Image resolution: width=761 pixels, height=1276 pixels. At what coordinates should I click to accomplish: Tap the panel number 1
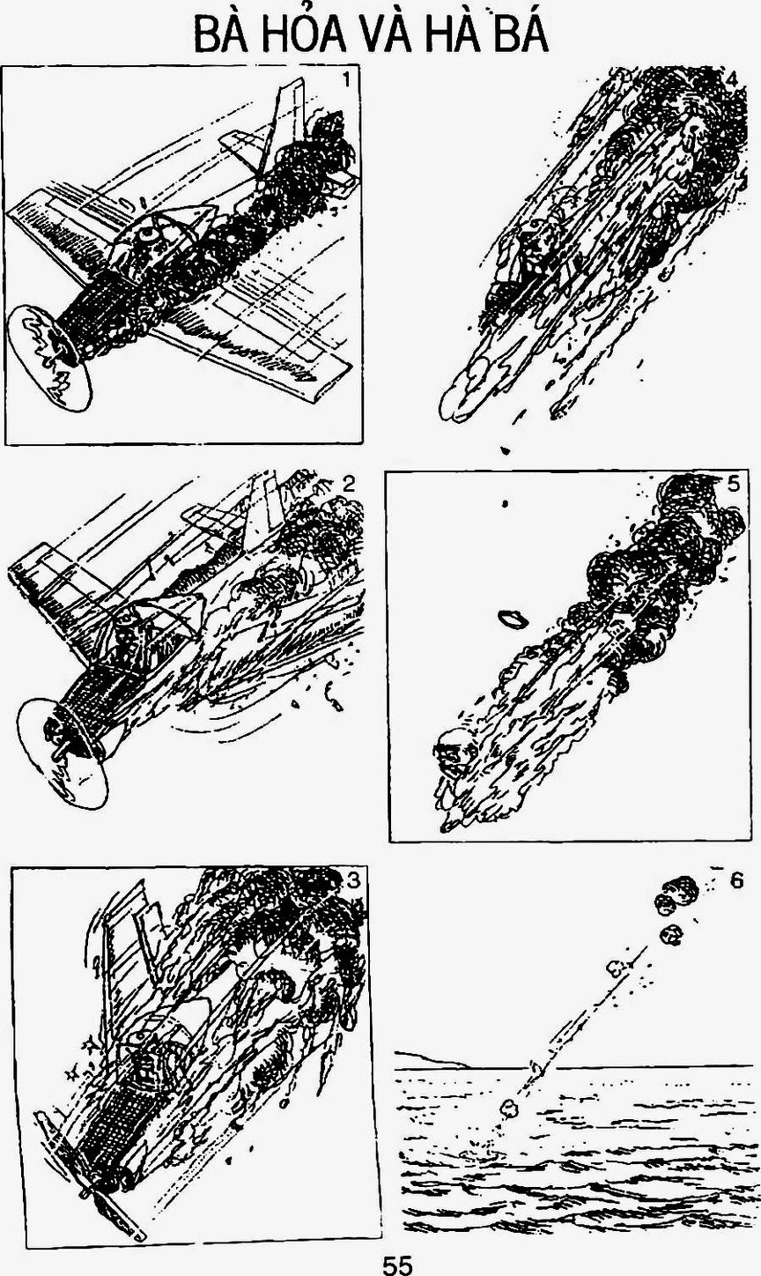(347, 80)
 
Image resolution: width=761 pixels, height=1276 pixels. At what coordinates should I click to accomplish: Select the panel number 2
(349, 484)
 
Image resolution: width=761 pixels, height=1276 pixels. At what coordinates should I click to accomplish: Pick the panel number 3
(353, 880)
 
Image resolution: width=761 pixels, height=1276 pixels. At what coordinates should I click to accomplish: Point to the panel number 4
(732, 81)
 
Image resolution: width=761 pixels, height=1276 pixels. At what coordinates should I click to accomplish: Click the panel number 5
(733, 484)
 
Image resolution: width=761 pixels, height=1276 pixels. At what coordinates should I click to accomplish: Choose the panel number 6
(736, 880)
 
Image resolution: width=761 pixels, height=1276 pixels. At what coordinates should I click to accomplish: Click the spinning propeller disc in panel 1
(49, 357)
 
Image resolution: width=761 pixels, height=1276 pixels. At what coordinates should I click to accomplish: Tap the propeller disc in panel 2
(63, 753)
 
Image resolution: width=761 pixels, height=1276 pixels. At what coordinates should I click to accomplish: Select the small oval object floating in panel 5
(513, 619)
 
